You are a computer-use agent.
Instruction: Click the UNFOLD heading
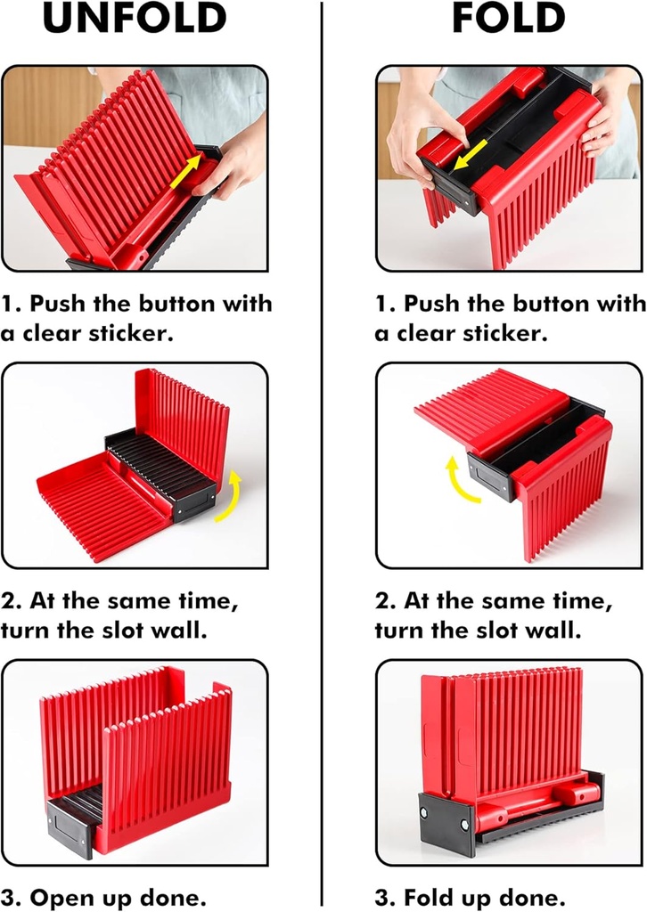[135, 18]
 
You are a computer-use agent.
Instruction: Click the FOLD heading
[509, 18]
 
